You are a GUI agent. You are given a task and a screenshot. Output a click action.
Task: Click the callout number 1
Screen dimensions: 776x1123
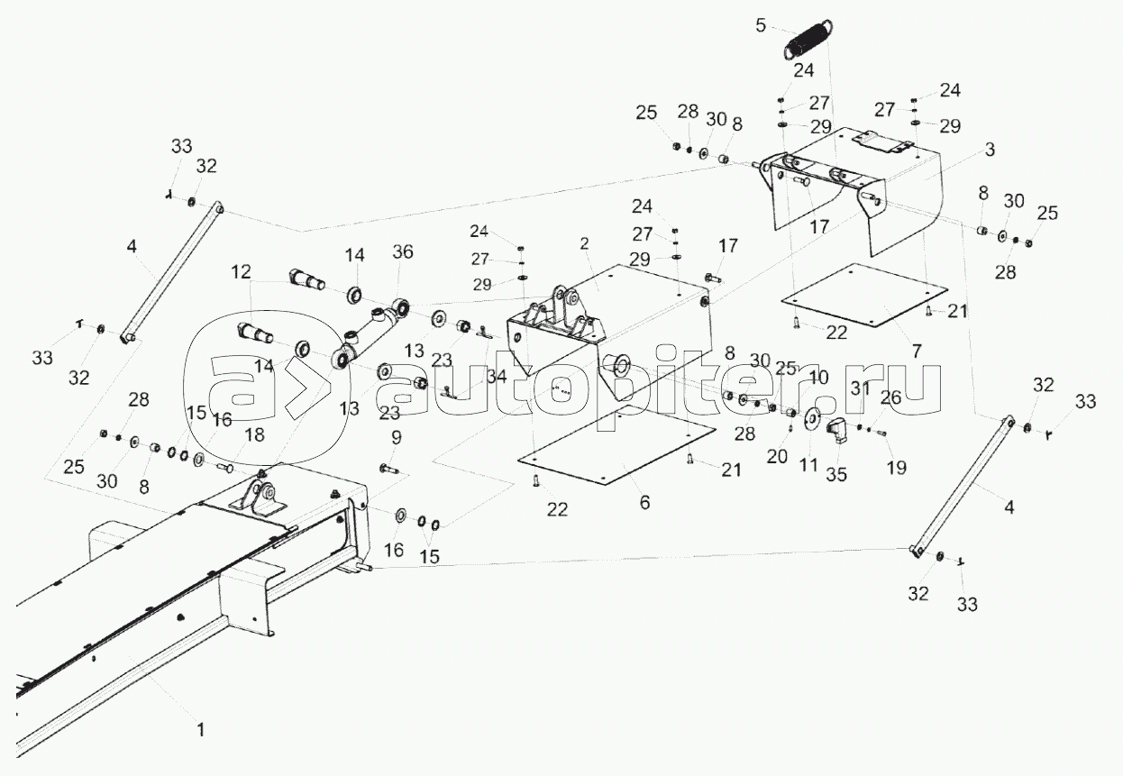201,729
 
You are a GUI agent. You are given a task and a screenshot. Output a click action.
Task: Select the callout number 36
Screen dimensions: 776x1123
402,252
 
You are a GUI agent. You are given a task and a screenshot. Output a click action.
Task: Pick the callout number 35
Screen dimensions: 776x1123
836,474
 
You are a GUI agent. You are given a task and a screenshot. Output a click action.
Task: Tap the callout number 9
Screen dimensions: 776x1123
396,438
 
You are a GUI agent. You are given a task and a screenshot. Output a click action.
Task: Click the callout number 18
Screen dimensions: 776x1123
255,435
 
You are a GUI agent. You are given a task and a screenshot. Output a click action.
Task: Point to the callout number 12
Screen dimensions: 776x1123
239,271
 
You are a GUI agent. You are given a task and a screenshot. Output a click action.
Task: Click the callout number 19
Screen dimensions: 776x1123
895,468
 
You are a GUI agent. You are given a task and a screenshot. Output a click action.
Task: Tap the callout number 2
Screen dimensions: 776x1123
585,243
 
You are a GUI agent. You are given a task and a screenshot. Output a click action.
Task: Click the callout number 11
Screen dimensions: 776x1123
808,466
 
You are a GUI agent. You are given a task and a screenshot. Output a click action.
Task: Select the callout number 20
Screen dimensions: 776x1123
777,456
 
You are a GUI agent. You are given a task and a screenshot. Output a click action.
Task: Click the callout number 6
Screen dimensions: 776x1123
644,503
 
